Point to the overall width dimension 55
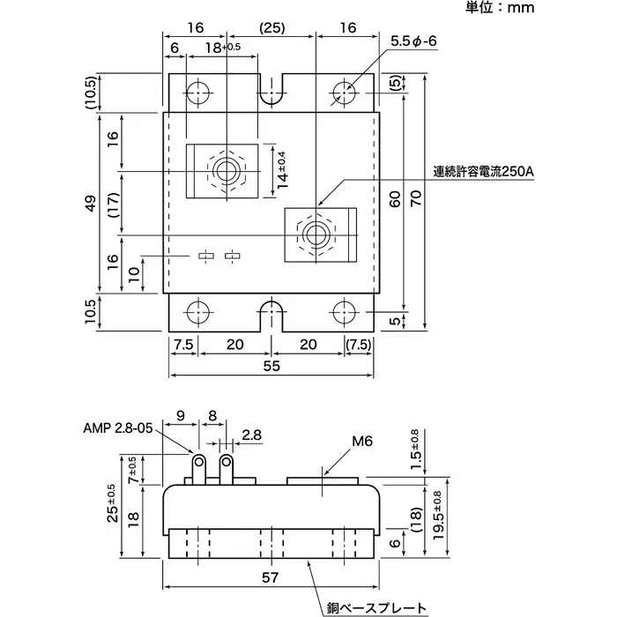271,364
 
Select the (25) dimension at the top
272,28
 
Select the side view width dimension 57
271,577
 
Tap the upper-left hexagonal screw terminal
227,169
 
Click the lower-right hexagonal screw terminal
317,234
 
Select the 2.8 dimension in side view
252,435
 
